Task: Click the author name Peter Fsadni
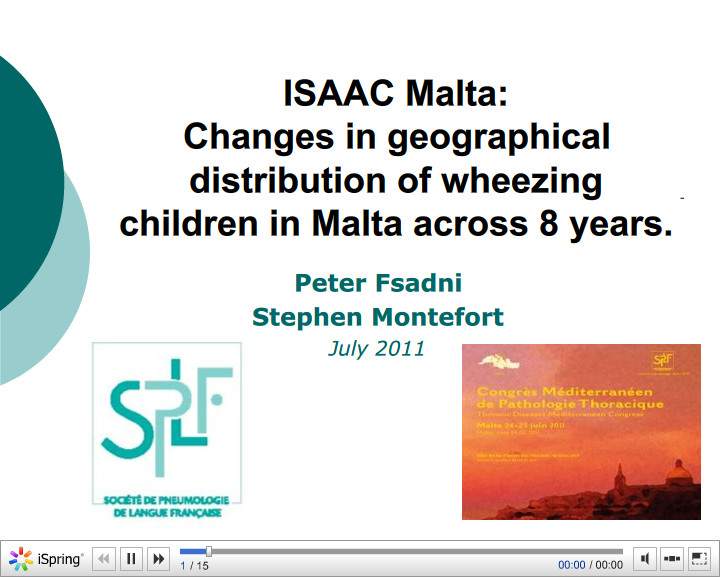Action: coord(378,282)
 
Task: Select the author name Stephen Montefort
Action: coord(378,317)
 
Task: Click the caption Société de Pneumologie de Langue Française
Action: coord(167,505)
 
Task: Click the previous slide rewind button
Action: coord(104,559)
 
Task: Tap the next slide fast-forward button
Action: coord(157,559)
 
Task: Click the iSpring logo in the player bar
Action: coord(47,559)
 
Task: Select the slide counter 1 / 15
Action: coord(194,566)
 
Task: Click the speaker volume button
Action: coord(645,559)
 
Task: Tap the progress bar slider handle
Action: coord(208,551)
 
